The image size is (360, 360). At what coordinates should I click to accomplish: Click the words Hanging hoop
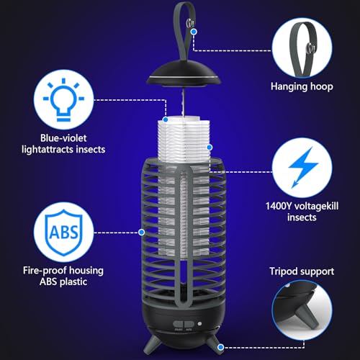click(302, 86)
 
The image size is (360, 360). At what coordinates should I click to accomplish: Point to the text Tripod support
click(302, 271)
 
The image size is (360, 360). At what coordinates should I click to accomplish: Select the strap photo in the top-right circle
click(302, 42)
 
